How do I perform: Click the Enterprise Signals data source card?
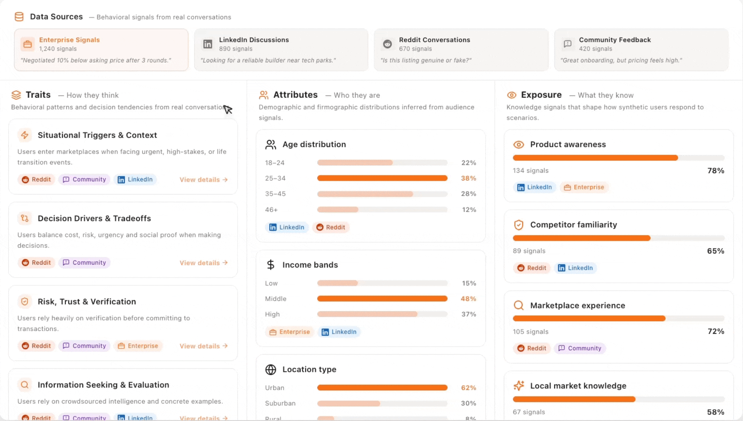click(101, 50)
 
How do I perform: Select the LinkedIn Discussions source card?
click(281, 50)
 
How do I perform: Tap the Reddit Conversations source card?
click(461, 50)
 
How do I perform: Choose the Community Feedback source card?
click(641, 50)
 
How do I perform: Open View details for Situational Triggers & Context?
click(203, 180)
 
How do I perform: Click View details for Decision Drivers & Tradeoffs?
click(203, 263)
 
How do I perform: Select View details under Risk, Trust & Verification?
click(203, 346)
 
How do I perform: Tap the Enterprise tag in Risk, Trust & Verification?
click(138, 346)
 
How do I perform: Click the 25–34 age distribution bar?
click(382, 178)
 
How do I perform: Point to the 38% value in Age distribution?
click(468, 178)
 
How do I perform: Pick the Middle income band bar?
click(382, 299)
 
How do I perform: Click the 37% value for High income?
click(468, 314)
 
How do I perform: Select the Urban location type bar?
click(382, 388)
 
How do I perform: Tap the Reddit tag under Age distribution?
click(331, 227)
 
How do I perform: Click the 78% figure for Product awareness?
click(715, 171)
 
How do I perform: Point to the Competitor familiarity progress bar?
click(618, 238)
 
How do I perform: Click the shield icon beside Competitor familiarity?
click(518, 225)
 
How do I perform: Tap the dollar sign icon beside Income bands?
click(270, 265)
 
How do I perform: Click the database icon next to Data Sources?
click(19, 17)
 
